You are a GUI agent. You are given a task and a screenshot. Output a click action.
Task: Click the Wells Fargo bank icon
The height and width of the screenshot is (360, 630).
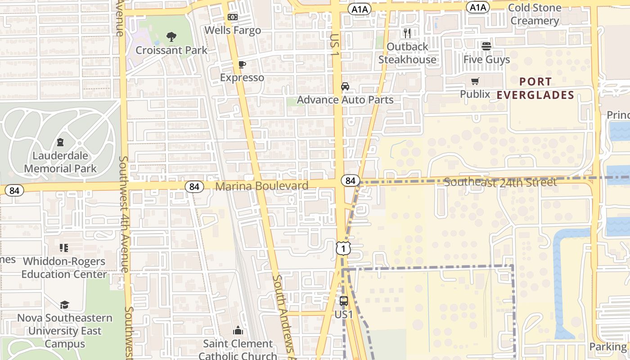[x=232, y=17]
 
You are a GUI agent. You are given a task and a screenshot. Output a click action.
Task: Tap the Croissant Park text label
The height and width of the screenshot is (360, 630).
[x=171, y=50]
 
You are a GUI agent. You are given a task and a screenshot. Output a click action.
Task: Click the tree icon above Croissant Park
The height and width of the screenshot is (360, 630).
[x=171, y=37]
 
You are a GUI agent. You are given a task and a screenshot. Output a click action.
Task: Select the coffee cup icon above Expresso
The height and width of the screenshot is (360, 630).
[x=242, y=64]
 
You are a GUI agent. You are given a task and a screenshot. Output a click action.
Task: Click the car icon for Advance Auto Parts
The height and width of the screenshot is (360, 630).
[x=345, y=86]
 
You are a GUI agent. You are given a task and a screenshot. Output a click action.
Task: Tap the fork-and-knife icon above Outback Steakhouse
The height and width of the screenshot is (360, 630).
[x=407, y=33]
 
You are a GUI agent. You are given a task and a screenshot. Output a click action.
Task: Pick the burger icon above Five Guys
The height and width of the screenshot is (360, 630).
[x=486, y=46]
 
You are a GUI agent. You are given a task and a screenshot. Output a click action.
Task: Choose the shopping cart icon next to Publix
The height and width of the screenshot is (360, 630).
[x=475, y=81]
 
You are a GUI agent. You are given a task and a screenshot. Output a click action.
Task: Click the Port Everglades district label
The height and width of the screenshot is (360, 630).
[x=535, y=89]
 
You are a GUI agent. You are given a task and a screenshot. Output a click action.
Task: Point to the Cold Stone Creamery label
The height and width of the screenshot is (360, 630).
[x=535, y=14]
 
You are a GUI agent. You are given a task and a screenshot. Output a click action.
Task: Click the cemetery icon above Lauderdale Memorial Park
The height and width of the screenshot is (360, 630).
[x=60, y=143]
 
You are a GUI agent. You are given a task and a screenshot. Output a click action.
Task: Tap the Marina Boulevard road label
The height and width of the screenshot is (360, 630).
[x=262, y=186]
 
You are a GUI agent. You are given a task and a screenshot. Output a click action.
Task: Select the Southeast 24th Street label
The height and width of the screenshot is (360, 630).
[x=500, y=182]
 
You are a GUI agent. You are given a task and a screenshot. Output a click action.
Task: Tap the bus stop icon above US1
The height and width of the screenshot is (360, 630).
[x=343, y=301]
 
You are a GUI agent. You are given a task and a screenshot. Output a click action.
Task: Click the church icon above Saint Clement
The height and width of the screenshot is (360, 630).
[x=238, y=331]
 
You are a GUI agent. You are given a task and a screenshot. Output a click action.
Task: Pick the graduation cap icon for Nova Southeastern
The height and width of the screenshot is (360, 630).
[x=64, y=305]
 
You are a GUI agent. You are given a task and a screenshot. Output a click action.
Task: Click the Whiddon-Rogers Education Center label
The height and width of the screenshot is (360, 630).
[x=64, y=268]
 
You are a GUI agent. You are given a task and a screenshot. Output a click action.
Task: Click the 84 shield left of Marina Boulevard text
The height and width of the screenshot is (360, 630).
[x=194, y=186]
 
